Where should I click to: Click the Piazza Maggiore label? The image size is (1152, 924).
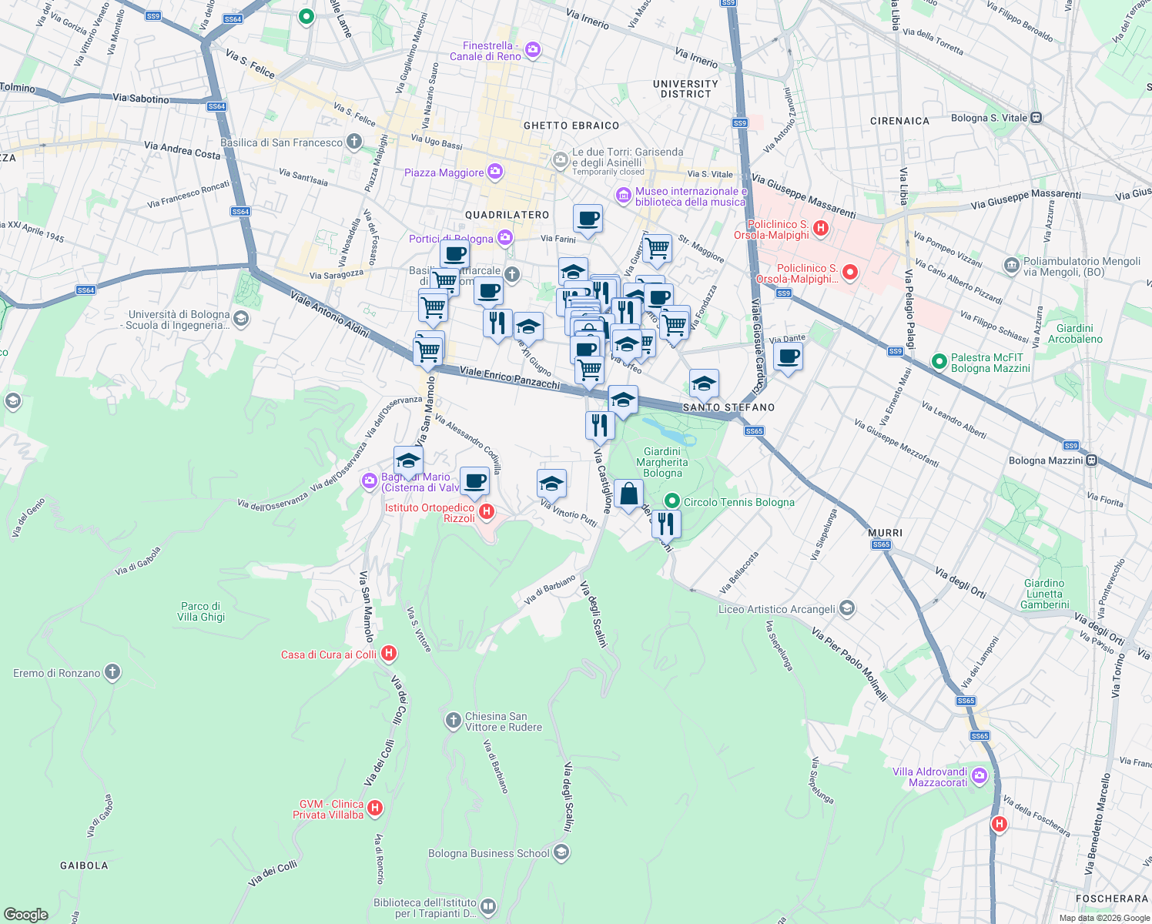pyautogui.click(x=444, y=172)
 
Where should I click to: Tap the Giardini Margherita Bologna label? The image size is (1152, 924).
pyautogui.click(x=662, y=462)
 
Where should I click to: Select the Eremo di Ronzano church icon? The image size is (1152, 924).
pyautogui.click(x=112, y=672)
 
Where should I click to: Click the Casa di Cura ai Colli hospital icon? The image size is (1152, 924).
pyautogui.click(x=389, y=654)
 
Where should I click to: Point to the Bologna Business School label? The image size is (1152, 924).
pyautogui.click(x=489, y=853)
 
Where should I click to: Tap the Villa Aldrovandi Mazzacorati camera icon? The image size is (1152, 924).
pyautogui.click(x=980, y=775)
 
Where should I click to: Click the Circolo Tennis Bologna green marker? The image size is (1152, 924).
pyautogui.click(x=672, y=501)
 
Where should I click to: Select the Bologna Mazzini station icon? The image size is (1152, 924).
pyautogui.click(x=1091, y=460)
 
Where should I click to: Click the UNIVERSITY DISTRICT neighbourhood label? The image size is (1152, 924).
pyautogui.click(x=685, y=89)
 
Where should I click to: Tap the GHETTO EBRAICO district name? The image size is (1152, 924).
pyautogui.click(x=571, y=126)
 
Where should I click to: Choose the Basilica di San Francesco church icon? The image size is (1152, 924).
pyautogui.click(x=354, y=142)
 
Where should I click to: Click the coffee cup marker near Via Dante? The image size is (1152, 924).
pyautogui.click(x=788, y=357)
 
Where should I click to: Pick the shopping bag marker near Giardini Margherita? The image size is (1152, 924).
pyautogui.click(x=628, y=494)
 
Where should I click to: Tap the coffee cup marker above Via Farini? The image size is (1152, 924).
pyautogui.click(x=588, y=219)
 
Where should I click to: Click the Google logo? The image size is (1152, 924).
pyautogui.click(x=26, y=914)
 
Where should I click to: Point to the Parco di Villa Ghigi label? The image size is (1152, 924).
pyautogui.click(x=201, y=611)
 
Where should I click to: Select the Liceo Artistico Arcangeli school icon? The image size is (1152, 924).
pyautogui.click(x=847, y=608)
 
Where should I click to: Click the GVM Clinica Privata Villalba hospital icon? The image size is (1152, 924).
pyautogui.click(x=375, y=808)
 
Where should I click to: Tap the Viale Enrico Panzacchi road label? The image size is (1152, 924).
pyautogui.click(x=510, y=377)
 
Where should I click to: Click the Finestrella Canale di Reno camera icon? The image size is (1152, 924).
pyautogui.click(x=533, y=51)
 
